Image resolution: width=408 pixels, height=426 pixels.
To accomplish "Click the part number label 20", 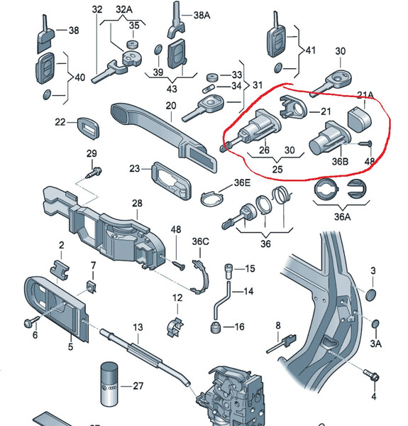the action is click(x=171, y=105).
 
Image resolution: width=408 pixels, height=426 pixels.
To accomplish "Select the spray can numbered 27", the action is click(x=109, y=384).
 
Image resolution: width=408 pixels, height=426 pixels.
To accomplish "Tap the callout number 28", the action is click(x=137, y=203).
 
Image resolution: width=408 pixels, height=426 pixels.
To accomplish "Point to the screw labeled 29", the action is click(x=94, y=173).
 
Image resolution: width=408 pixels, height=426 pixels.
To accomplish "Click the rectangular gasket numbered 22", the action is click(x=88, y=128).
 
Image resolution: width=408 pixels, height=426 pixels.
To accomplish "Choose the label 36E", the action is click(x=242, y=183).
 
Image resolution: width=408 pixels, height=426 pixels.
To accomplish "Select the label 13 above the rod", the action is click(x=138, y=327).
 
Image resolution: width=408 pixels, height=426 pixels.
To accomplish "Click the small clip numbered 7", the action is click(x=91, y=287).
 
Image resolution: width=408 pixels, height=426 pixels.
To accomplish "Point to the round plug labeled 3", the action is click(x=371, y=295).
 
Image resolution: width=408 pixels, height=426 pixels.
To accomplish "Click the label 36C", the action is click(x=201, y=241).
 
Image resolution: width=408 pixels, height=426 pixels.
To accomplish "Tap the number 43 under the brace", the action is click(x=172, y=89).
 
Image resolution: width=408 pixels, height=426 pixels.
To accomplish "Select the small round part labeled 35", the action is click(x=133, y=44).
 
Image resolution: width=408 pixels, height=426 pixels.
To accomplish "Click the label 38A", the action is click(x=202, y=15).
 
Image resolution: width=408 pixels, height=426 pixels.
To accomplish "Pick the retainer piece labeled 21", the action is click(x=294, y=107).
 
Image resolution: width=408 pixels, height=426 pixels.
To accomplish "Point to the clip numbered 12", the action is click(x=175, y=327).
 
